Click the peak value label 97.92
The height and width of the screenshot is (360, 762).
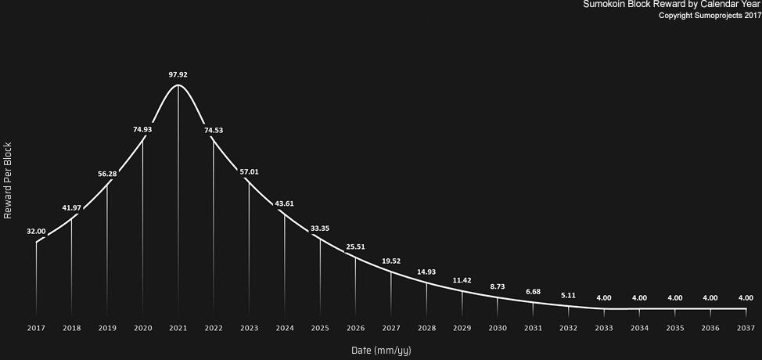[178, 75]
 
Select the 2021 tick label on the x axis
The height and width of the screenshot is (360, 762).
[178, 329]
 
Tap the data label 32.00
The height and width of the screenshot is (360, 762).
[36, 232]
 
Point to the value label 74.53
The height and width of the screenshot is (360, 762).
[214, 130]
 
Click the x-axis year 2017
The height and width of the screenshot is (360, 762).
[36, 329]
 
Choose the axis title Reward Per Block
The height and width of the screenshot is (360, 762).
[8, 180]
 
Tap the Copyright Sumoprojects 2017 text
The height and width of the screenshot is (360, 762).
[710, 16]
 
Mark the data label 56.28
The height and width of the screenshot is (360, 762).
[107, 174]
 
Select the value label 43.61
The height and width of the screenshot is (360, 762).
[284, 203]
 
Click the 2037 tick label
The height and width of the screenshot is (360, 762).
[746, 329]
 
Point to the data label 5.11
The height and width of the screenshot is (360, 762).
[568, 295]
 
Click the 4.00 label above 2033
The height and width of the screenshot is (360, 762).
[603, 298]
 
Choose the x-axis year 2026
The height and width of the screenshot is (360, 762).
[355, 329]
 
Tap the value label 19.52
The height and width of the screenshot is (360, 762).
[390, 261]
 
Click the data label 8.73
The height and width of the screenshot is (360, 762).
[497, 287]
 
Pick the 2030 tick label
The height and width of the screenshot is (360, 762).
[497, 329]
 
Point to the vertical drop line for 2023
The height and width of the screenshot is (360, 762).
[249, 248]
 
